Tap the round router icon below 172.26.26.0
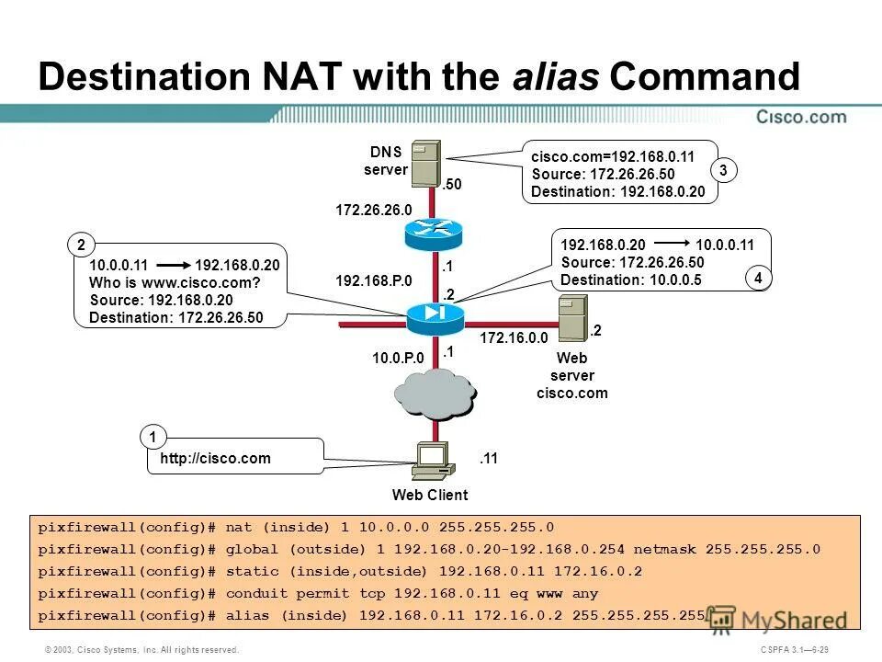tap(436, 234)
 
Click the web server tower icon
tap(572, 318)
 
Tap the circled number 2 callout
tap(81, 245)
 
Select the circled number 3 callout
tap(723, 170)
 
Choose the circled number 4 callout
tap(758, 277)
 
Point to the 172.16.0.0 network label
tap(509, 338)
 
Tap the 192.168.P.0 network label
tap(374, 280)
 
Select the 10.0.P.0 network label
tap(398, 358)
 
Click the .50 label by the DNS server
tap(451, 185)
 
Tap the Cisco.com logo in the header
tap(801, 117)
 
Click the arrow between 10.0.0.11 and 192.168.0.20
tap(169, 265)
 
